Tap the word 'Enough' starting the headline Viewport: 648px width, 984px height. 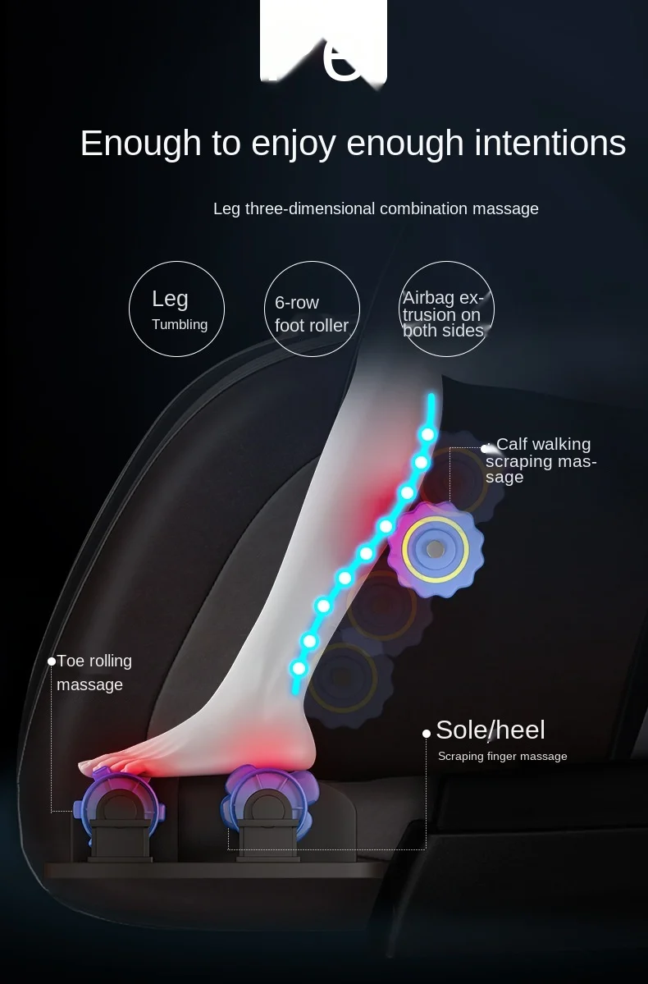click(140, 144)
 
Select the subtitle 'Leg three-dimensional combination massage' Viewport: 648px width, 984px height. click(376, 208)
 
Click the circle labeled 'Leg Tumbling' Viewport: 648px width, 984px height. click(176, 309)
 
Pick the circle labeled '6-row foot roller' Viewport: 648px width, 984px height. click(312, 309)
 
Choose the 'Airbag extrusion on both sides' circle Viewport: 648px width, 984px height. click(446, 309)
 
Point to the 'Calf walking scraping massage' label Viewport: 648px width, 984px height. click(541, 460)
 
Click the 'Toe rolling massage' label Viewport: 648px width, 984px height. click(94, 672)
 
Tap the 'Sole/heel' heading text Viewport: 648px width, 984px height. click(490, 730)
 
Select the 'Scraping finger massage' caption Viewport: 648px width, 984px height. click(502, 757)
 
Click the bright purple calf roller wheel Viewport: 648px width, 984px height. click(435, 547)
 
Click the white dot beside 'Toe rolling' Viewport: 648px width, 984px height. click(52, 661)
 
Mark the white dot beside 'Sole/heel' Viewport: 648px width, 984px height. click(427, 733)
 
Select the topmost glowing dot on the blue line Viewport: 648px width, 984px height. click(427, 434)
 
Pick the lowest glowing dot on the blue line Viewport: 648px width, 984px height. click(299, 668)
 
